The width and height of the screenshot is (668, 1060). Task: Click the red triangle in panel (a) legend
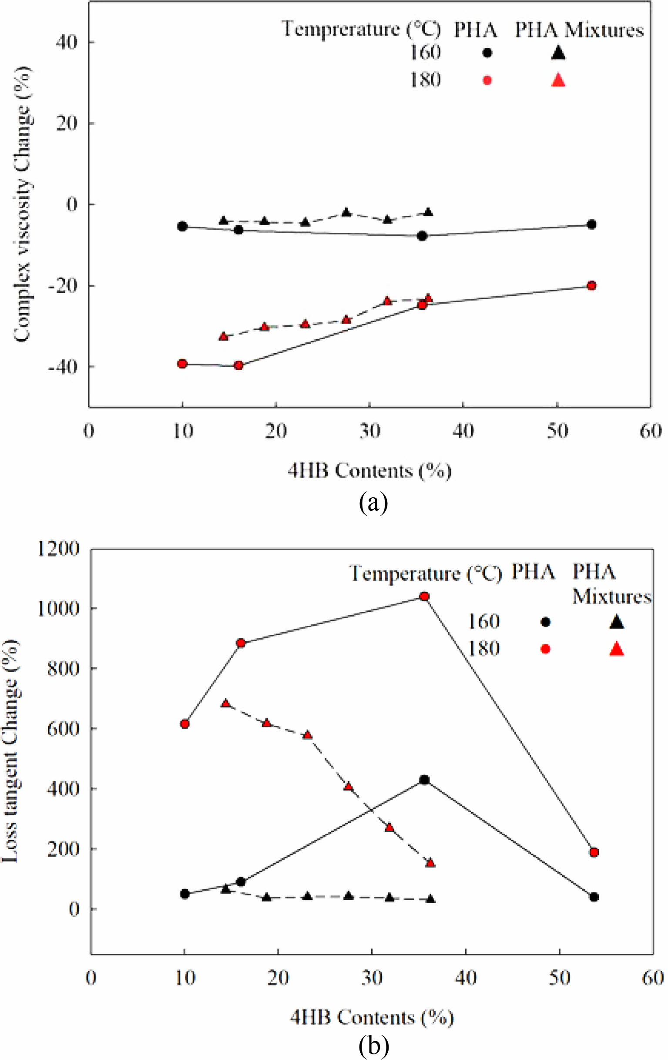coord(558,80)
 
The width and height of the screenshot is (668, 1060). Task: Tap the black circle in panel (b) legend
coord(545,622)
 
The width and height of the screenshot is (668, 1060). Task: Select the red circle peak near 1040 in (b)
coord(424,597)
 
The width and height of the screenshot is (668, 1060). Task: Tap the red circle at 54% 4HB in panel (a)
coord(591,286)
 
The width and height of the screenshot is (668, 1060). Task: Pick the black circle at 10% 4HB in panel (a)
coord(182,227)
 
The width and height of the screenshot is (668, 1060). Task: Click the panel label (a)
coord(373,502)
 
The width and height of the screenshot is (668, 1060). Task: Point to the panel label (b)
coord(373,1048)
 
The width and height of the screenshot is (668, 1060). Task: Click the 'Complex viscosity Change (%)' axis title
coord(22,204)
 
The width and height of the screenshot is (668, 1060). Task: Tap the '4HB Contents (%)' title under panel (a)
coord(369,471)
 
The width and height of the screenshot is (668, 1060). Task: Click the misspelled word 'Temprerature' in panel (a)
coord(340,30)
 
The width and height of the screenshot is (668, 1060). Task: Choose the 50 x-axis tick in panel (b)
coord(560,978)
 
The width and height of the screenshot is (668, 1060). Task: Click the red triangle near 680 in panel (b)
coord(225,703)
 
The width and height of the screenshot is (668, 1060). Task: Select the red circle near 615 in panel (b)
coord(185,724)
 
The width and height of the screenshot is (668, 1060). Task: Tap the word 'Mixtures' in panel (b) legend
coord(611,597)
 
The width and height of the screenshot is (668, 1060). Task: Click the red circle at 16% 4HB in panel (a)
coord(239,365)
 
